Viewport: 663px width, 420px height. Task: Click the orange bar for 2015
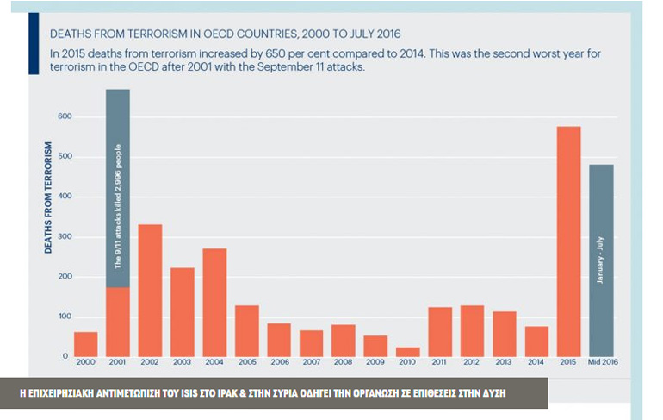click(568, 241)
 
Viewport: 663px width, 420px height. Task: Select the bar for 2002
click(150, 290)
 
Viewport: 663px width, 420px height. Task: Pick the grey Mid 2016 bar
click(601, 260)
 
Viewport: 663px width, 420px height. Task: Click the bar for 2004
click(214, 302)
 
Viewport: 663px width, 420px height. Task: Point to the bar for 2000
click(86, 343)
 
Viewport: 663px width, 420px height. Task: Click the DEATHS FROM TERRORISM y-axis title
click(50, 197)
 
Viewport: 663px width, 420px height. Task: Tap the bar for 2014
click(536, 341)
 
